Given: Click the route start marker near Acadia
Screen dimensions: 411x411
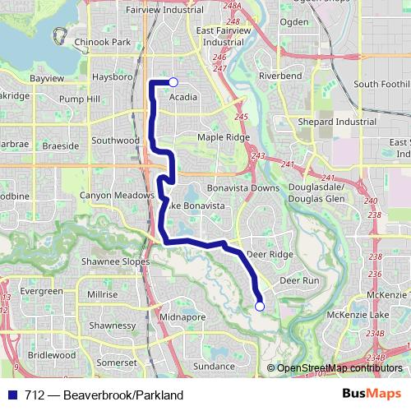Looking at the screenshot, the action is click(x=173, y=82).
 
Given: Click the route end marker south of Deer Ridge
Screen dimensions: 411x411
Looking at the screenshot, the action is click(x=260, y=307).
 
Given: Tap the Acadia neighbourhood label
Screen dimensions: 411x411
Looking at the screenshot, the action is click(x=182, y=97).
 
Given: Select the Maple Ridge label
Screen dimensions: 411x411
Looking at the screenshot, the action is click(x=223, y=137).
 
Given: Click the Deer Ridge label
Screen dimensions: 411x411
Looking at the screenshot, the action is click(x=270, y=255).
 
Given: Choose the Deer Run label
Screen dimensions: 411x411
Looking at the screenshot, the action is click(x=299, y=280).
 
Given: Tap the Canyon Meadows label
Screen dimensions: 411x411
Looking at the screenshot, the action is click(x=117, y=196).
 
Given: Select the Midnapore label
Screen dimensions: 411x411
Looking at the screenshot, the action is click(x=182, y=316).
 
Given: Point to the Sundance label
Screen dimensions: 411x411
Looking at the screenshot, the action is click(x=214, y=366).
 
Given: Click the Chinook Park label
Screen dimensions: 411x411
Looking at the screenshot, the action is click(x=102, y=41).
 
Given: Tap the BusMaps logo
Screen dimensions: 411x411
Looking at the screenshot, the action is click(x=372, y=394).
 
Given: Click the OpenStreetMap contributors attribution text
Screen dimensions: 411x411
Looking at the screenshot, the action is click(x=339, y=368).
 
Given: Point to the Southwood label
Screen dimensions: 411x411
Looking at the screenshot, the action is click(x=115, y=141).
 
